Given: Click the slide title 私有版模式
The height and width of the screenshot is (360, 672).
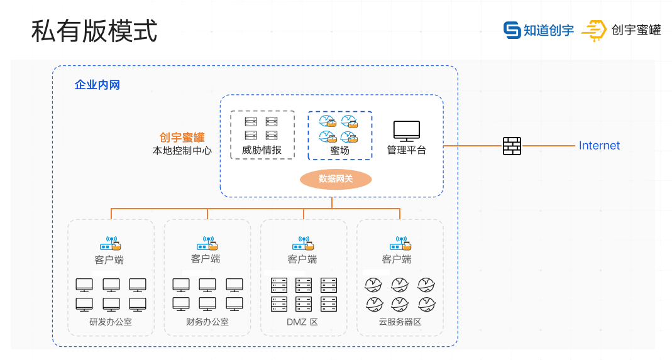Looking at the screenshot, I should click(x=94, y=31).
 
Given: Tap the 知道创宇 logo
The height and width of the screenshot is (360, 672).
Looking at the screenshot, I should click(x=539, y=30).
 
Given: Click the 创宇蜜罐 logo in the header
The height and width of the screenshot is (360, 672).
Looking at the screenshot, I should click(x=621, y=30).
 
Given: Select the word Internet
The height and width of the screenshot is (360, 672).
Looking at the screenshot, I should click(x=599, y=146).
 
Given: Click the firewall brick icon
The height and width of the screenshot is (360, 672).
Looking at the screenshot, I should click(x=512, y=146).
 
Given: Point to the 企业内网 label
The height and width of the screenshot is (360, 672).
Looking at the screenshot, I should click(x=97, y=85).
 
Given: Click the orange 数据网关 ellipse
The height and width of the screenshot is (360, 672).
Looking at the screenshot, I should click(x=336, y=179).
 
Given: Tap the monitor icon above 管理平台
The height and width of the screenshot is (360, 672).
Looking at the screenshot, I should click(x=406, y=131).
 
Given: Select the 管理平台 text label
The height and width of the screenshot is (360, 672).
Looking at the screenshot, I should click(x=406, y=150).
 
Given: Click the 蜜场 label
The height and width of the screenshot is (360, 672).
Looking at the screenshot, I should click(x=339, y=151).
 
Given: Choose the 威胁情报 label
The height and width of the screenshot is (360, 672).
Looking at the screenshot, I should click(x=262, y=150).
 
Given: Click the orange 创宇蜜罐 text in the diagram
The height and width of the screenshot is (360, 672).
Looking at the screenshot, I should click(x=182, y=138).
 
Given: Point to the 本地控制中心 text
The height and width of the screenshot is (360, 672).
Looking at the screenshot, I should click(x=182, y=151).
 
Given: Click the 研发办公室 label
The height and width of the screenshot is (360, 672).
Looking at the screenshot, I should click(x=111, y=322).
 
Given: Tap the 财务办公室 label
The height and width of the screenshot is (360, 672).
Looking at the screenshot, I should click(x=207, y=322).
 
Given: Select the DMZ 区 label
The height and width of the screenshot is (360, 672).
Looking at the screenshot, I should click(x=302, y=322).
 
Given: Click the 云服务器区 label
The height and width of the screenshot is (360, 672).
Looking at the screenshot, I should click(x=400, y=322).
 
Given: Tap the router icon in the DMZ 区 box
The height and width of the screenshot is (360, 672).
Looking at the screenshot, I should click(x=303, y=243).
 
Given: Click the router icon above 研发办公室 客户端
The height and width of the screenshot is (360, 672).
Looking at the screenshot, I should click(x=110, y=243).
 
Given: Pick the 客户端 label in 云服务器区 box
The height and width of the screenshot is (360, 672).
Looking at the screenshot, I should click(x=397, y=259).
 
